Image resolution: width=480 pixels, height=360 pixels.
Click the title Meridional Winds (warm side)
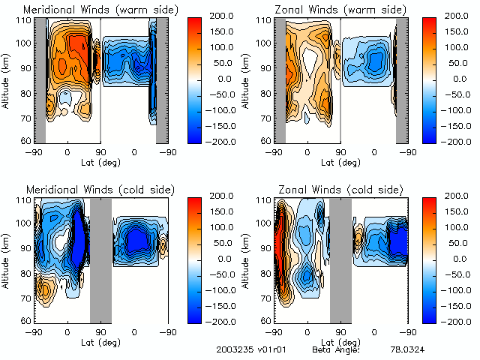pyautogui.click(x=100, y=9)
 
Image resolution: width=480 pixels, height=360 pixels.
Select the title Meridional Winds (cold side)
pyautogui.click(x=100, y=189)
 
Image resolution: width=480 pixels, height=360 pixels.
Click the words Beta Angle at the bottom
pyautogui.click(x=336, y=350)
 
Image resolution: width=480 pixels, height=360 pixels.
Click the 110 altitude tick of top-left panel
pyautogui.click(x=26, y=20)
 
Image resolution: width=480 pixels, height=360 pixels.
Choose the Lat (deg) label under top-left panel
pyautogui.click(x=100, y=161)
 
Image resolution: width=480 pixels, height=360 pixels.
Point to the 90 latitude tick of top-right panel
pyautogui.click(x=340, y=152)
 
